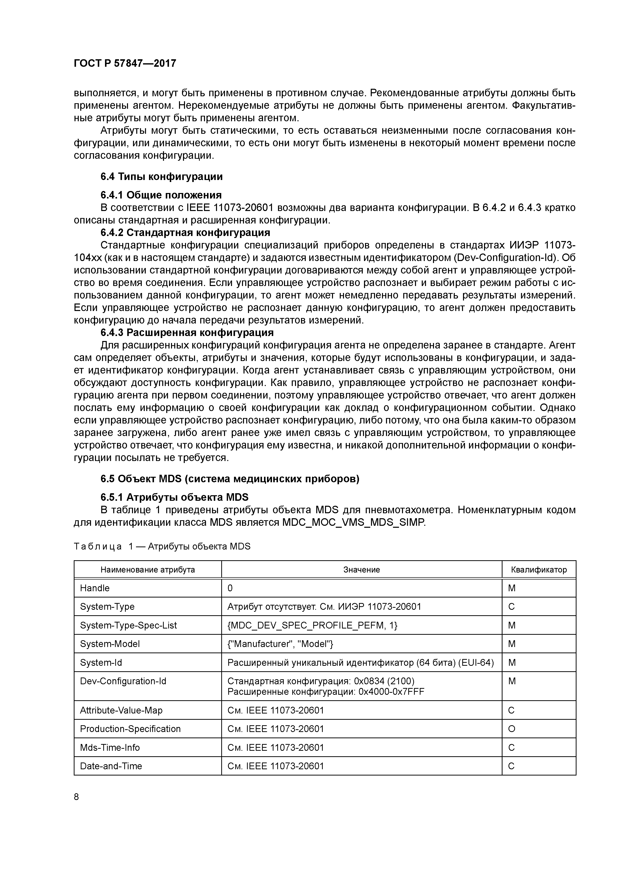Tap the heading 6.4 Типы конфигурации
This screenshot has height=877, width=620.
[x=161, y=177]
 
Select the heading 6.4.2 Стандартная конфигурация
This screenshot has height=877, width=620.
[x=185, y=232]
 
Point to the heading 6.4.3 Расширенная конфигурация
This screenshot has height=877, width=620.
[x=187, y=333]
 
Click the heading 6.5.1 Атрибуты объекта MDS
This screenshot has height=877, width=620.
[x=174, y=497]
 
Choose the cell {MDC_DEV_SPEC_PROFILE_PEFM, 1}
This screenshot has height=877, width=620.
[x=312, y=625]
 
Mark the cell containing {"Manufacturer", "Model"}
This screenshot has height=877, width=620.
[x=280, y=644]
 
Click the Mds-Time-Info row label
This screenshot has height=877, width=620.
[x=110, y=747]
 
